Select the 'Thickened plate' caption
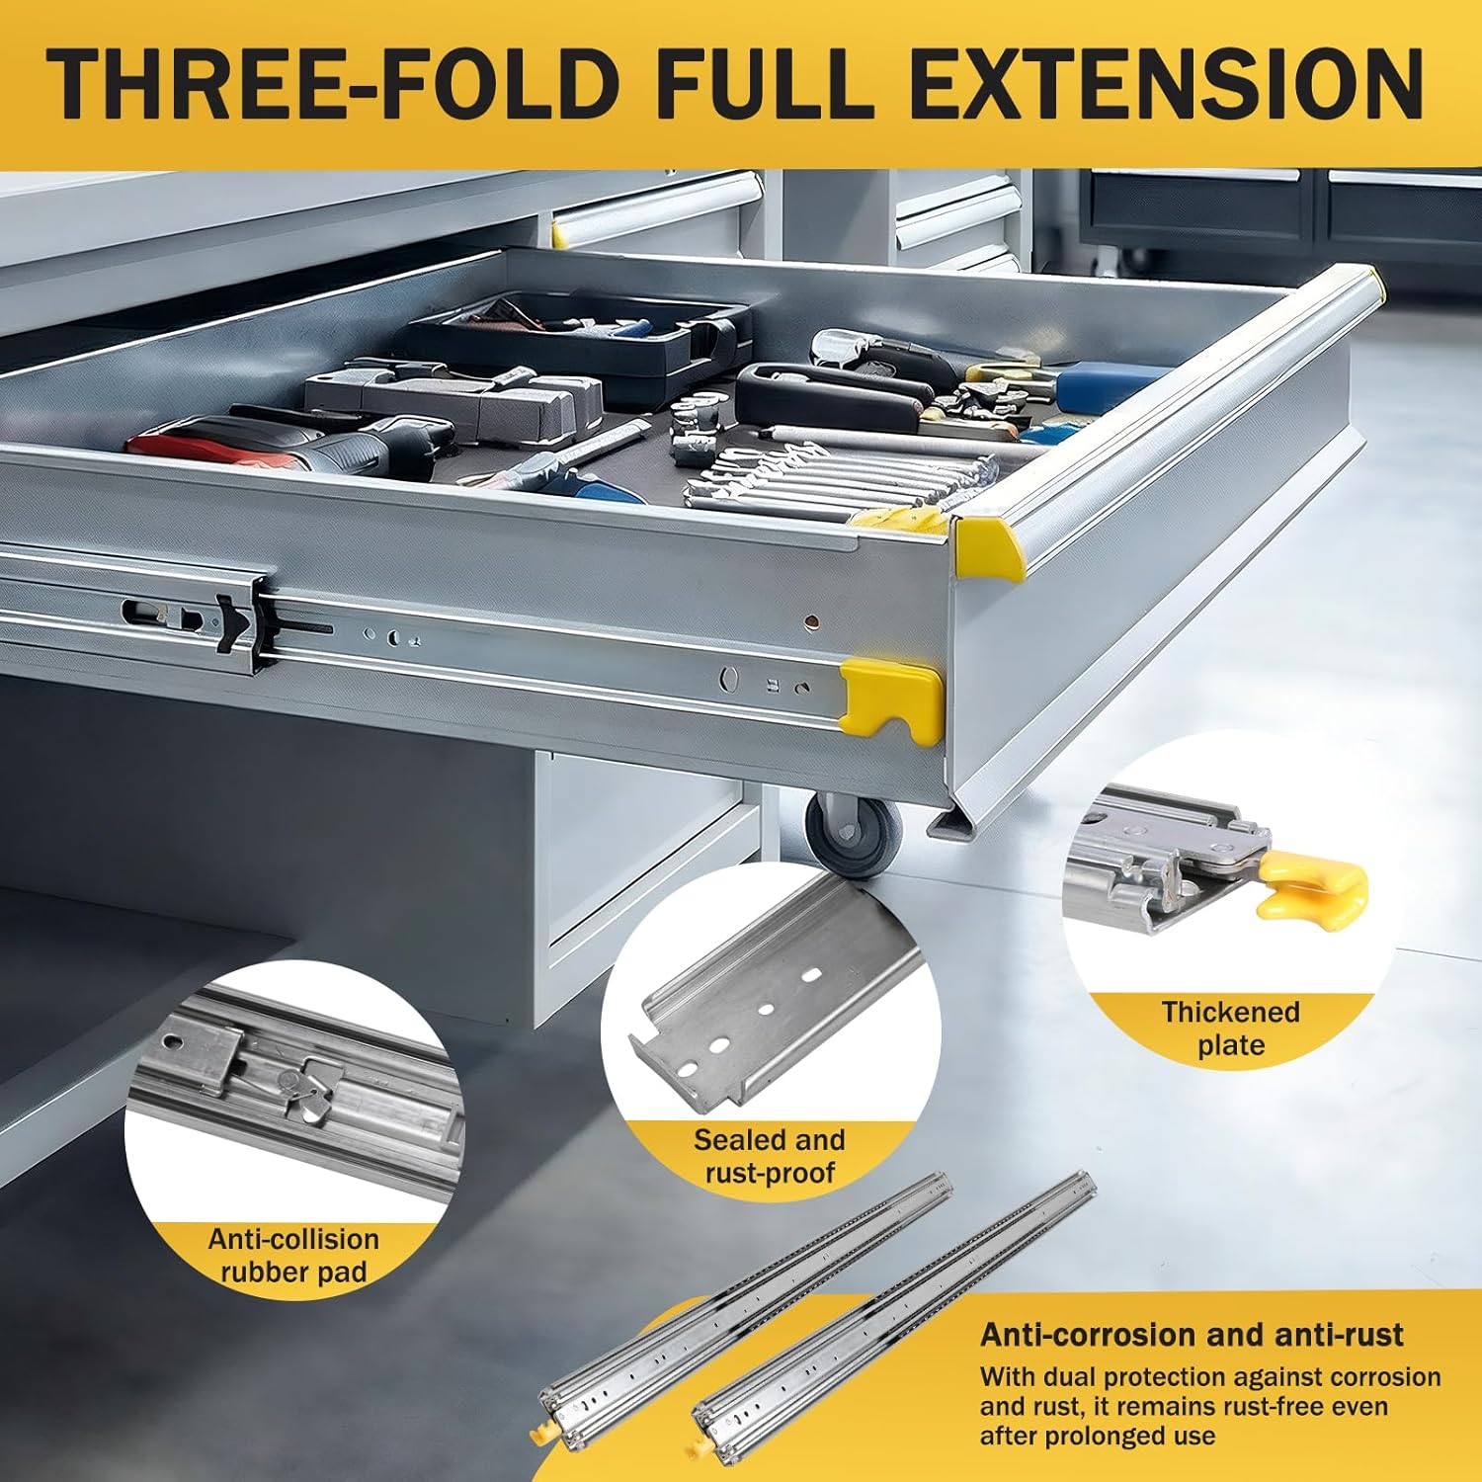point(1230,1029)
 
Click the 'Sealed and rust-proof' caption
point(769,1156)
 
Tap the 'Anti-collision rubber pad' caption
point(293,1255)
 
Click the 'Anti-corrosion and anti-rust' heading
point(1191,1335)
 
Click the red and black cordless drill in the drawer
point(296,445)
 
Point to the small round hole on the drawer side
point(811,621)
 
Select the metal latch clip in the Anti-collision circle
point(306,1087)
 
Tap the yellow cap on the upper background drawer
point(559,234)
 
